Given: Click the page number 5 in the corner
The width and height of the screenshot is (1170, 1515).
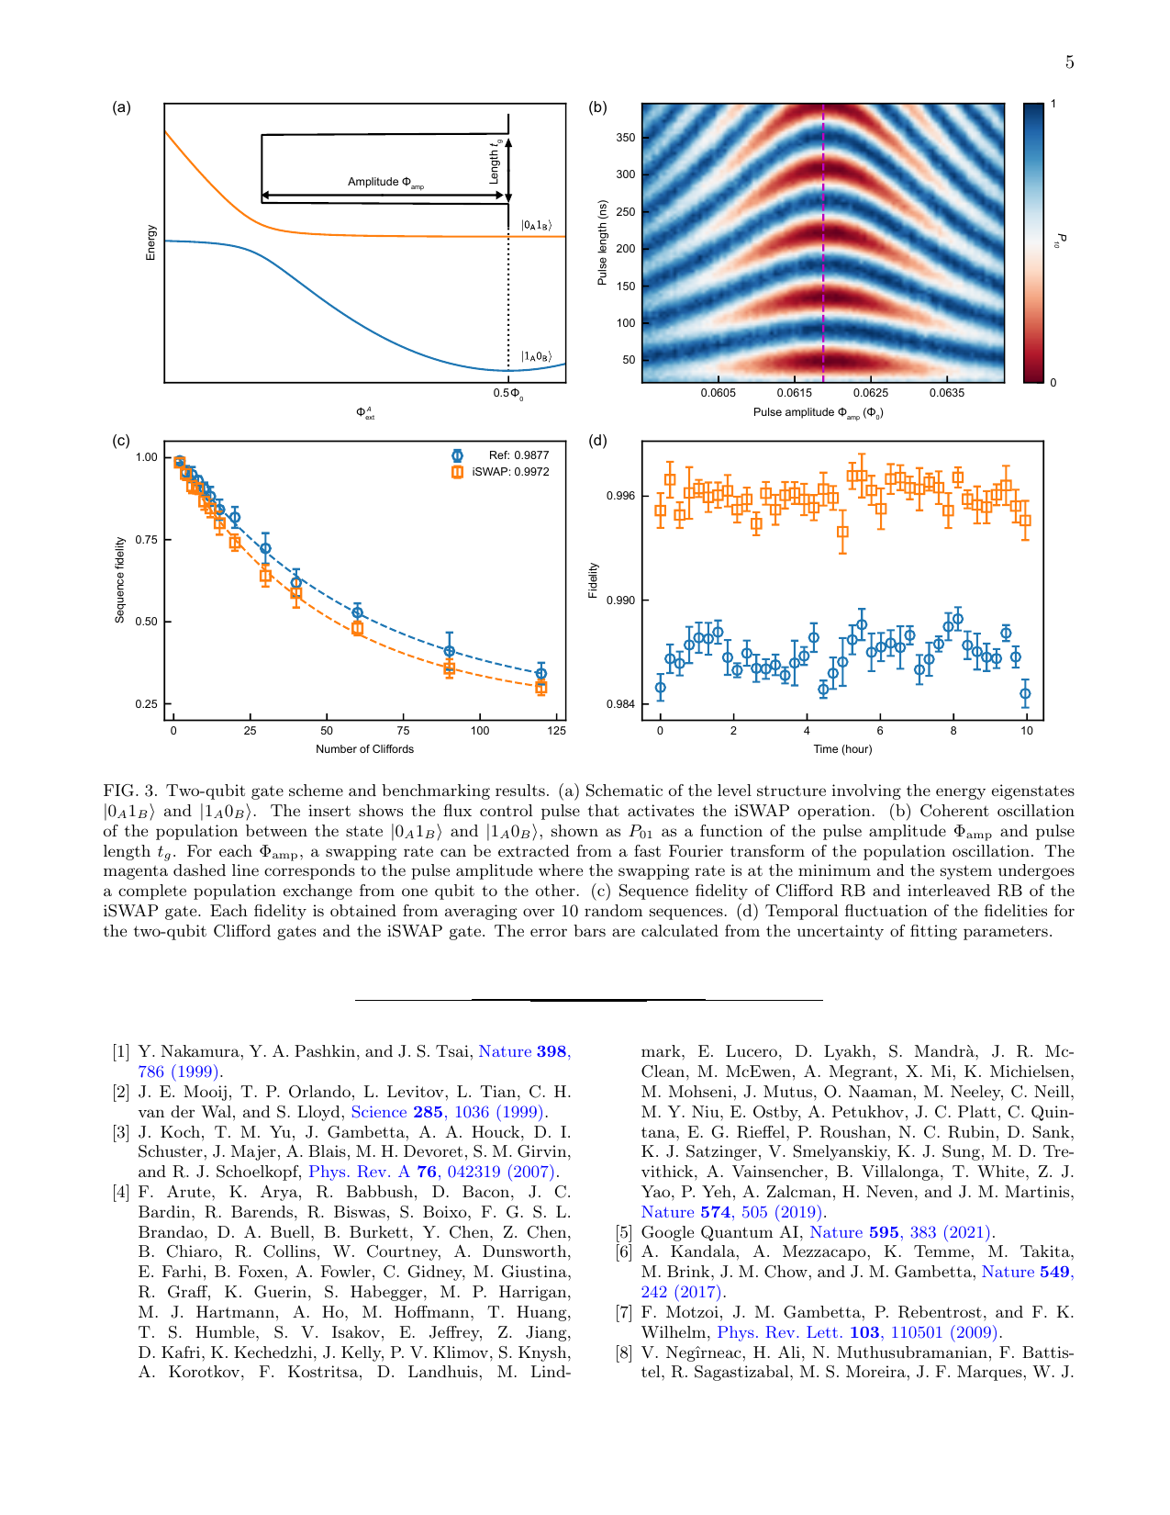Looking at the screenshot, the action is click(1069, 62).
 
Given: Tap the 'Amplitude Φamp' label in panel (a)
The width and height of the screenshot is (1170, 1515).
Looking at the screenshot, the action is click(385, 182).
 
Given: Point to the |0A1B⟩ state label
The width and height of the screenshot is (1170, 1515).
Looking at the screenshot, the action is click(536, 225).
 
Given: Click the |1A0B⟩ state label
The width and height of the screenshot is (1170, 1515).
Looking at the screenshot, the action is click(536, 356).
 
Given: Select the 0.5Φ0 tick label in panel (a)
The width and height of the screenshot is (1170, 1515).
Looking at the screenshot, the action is click(508, 394).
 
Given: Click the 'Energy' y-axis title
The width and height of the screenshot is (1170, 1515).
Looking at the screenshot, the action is click(150, 242).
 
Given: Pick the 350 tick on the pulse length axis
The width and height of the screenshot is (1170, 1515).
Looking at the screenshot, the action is click(625, 138).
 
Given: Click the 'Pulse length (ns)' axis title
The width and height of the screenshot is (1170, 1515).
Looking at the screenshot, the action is click(602, 242).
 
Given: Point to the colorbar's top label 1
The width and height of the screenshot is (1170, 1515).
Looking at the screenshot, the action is click(1053, 104).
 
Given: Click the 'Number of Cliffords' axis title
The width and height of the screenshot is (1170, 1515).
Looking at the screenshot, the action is click(364, 749).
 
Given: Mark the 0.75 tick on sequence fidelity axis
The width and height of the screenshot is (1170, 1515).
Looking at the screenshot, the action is click(146, 540).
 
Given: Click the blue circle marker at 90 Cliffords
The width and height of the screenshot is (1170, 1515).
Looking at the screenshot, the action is click(450, 651).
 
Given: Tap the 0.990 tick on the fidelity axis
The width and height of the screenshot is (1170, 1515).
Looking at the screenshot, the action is click(620, 600).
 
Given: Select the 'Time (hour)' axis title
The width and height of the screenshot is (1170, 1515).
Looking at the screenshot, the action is click(842, 749).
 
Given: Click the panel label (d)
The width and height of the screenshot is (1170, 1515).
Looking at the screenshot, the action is click(597, 441).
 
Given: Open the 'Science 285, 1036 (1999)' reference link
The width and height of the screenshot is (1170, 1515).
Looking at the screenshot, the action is click(448, 1112).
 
